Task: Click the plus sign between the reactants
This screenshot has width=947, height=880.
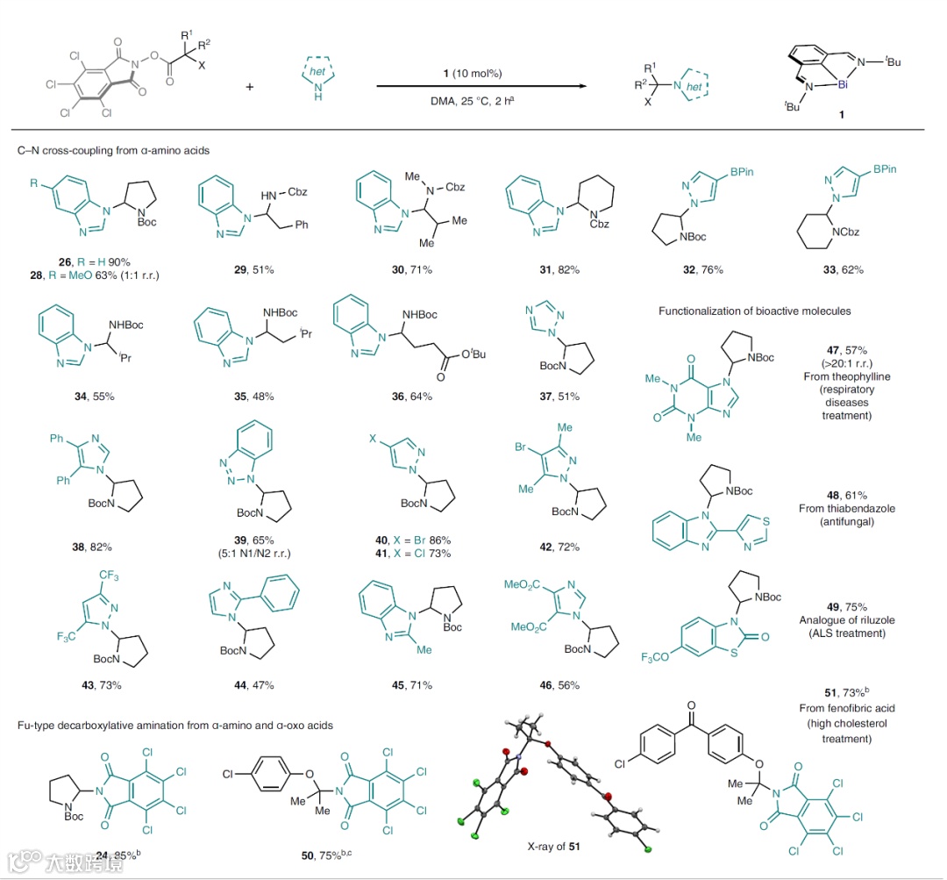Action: pyautogui.click(x=250, y=87)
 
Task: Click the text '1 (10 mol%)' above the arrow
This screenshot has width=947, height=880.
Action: pyautogui.click(x=472, y=72)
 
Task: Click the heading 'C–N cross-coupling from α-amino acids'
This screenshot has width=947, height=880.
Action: pyautogui.click(x=114, y=150)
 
